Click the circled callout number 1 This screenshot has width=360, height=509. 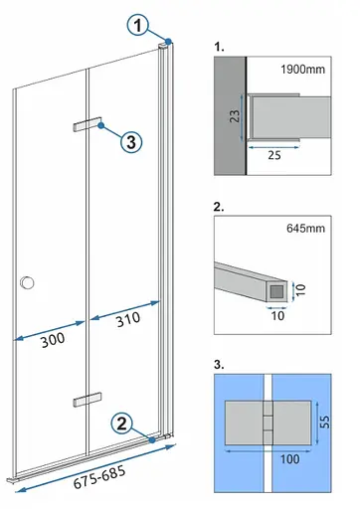coord(138,25)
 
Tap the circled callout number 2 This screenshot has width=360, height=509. coord(121,424)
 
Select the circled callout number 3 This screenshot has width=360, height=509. coord(131,142)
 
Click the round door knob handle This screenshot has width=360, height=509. coord(27,282)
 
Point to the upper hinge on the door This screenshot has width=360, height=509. coord(87,124)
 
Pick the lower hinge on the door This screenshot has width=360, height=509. coord(88,400)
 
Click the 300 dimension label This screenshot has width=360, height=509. coord(53,340)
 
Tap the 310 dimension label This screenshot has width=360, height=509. coord(128,319)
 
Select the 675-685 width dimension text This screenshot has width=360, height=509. coord(99,477)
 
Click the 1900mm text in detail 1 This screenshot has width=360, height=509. coord(302,70)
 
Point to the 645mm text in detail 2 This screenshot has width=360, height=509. coord(305,229)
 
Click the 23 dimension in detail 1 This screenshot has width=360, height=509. coord(235,116)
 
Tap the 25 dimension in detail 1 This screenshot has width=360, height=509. coord(274,155)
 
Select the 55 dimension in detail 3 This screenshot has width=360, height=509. coord(325,422)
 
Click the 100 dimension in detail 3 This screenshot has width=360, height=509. coord(290,459)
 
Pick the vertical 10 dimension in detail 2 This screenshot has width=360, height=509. coord(300,290)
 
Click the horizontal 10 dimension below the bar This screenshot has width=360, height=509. coord(277,315)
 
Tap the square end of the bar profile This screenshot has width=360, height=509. coord(277,291)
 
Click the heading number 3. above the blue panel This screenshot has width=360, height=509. coord(219,364)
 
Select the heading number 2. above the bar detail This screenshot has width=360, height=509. coord(219,207)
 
